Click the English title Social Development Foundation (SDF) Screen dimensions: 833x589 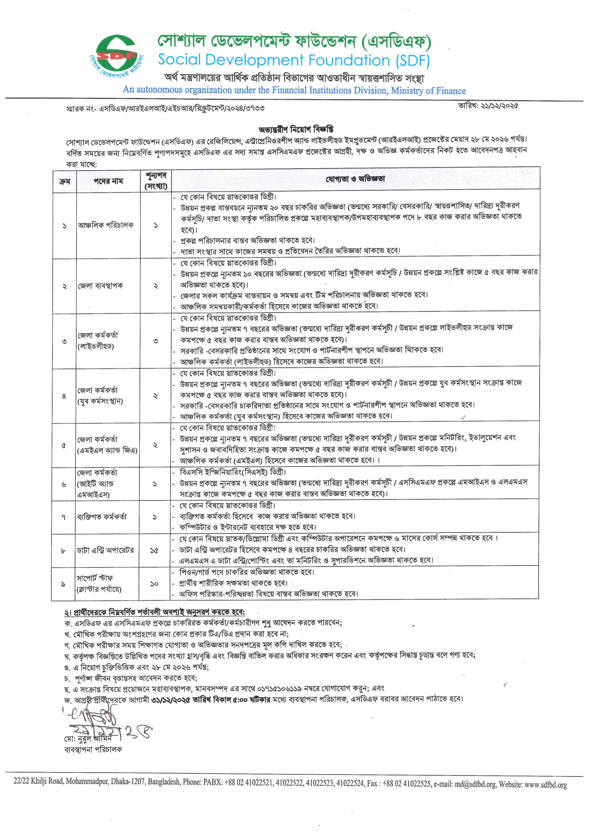[293, 60]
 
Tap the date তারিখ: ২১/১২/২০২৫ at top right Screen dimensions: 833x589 [488, 106]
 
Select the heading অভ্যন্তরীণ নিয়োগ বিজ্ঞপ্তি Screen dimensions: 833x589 [296, 129]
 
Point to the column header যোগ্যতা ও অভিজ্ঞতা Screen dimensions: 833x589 [355, 179]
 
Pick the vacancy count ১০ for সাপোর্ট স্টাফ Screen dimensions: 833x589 [154, 584]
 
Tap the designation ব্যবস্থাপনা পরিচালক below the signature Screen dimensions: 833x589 [93, 748]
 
